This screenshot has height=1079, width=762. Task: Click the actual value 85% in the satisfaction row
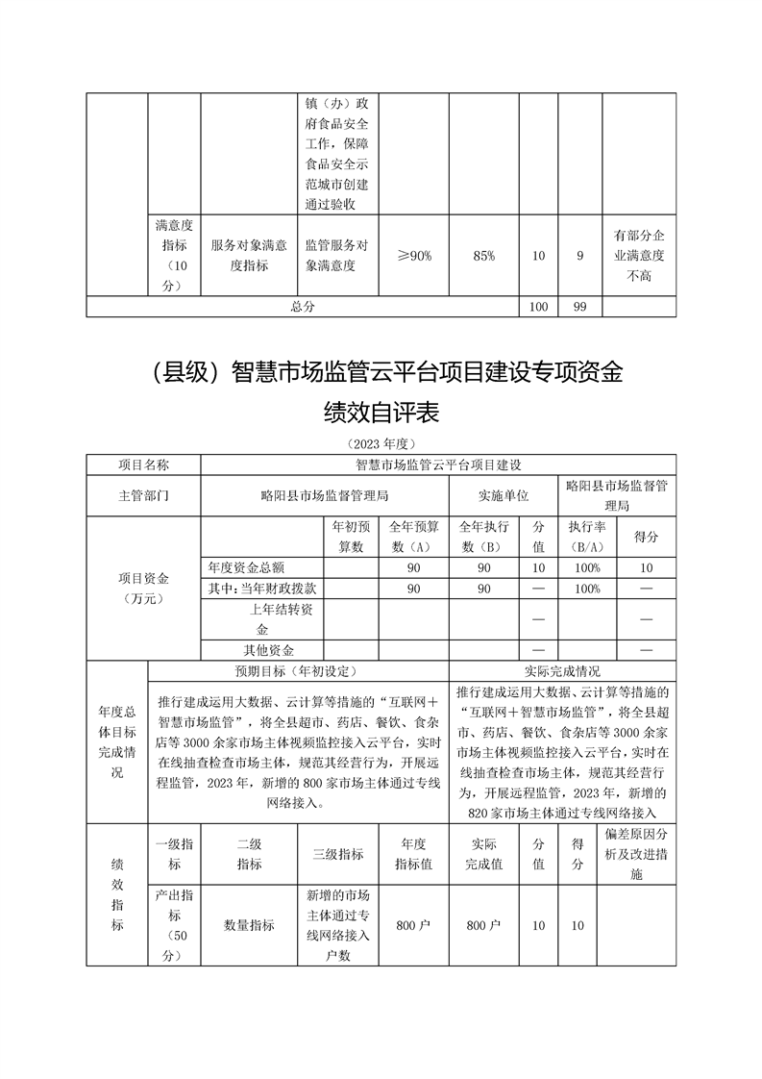[484, 256]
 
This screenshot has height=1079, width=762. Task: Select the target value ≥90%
[415, 256]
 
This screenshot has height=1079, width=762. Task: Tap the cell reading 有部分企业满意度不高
[639, 256]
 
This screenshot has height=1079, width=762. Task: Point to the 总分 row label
[303, 306]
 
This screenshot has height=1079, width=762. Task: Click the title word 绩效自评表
[381, 413]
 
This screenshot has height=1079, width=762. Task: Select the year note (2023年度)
[381, 444]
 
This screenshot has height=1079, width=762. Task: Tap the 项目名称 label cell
[143, 464]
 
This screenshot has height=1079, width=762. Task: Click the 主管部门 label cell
[143, 496]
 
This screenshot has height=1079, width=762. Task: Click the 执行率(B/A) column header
[580, 537]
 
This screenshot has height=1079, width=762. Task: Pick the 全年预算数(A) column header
[413, 537]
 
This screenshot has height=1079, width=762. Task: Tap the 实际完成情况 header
[562, 670]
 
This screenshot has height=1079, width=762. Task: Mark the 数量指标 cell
[249, 925]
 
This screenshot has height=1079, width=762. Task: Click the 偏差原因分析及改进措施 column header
[639, 854]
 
